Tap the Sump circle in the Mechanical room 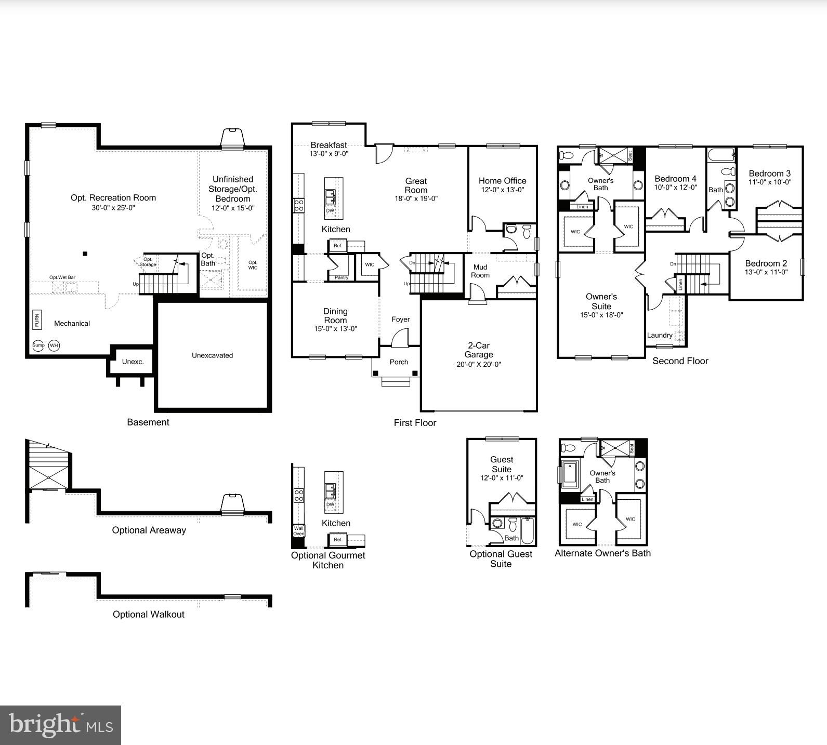(38, 345)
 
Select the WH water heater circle (54, 345)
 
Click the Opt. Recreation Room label (113, 197)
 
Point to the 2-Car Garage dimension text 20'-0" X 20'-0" (478, 364)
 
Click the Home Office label (502, 181)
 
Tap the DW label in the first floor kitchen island (330, 210)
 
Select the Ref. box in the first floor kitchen (338, 245)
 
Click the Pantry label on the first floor (342, 277)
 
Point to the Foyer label (400, 320)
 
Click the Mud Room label (480, 271)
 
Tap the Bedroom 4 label (675, 179)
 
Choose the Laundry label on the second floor (660, 335)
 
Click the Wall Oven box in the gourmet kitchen (299, 531)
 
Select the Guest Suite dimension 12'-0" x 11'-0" (502, 478)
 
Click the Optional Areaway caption (149, 530)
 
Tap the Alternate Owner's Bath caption (602, 553)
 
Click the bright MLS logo (61, 725)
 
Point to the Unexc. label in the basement (133, 362)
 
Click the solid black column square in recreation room (85, 254)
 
